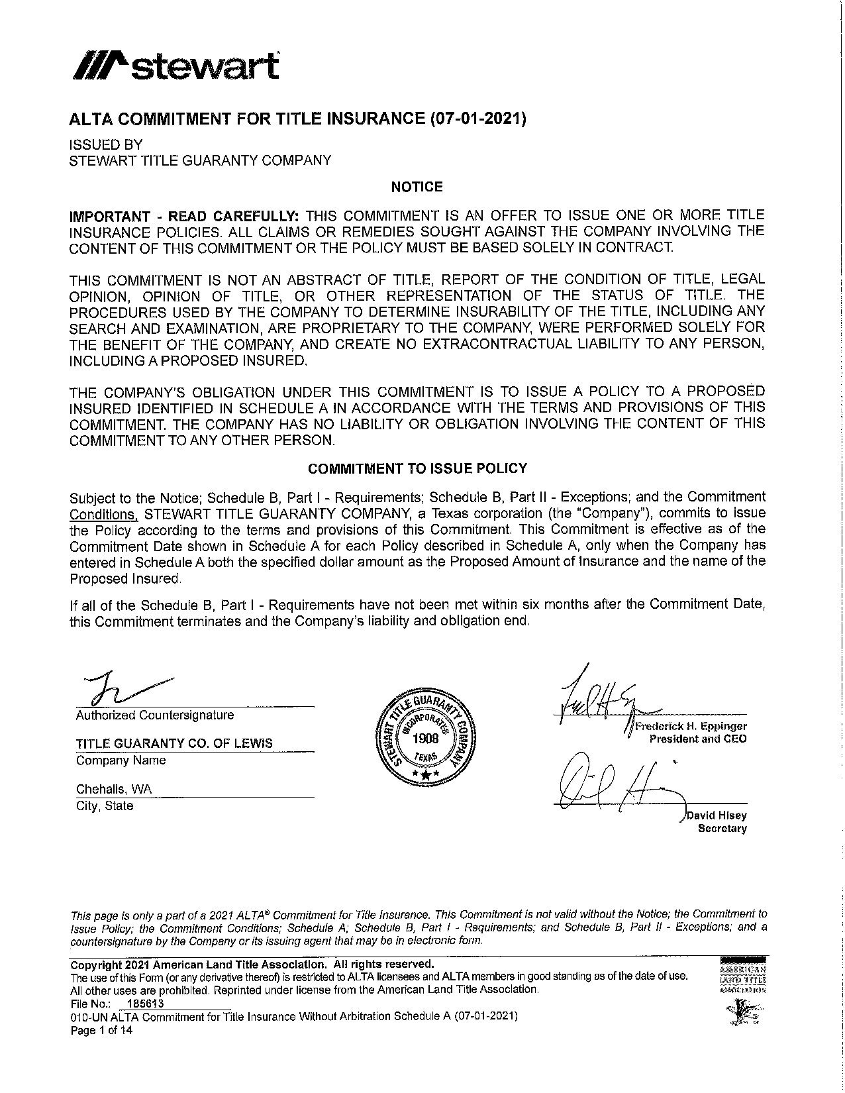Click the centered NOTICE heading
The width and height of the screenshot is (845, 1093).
pos(417,187)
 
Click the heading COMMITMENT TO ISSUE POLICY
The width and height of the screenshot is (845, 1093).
pos(417,468)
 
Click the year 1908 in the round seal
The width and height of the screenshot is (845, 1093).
pos(425,739)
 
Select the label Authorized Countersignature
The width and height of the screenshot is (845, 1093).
pos(155,715)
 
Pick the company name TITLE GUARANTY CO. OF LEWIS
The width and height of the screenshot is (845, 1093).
pos(174,743)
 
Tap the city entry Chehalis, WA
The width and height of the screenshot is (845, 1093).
pos(114,789)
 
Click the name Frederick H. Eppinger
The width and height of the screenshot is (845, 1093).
pos(690,726)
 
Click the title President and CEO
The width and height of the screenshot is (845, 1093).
pos(698,739)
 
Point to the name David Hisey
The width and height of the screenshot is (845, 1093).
pos(717,816)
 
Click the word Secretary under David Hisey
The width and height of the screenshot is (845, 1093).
pos(722,829)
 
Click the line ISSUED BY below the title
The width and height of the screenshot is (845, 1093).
pos(106,144)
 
